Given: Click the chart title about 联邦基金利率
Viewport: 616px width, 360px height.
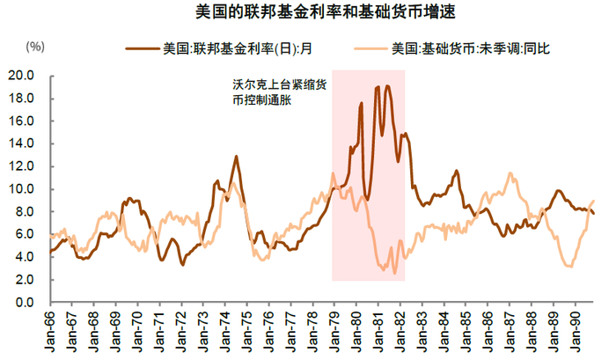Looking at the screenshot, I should coord(308,13).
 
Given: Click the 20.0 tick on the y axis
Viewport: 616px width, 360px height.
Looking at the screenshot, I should coord(20,76).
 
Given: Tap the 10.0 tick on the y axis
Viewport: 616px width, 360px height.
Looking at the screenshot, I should coord(20,189).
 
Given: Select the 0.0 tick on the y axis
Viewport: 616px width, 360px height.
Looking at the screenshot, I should coord(24,303).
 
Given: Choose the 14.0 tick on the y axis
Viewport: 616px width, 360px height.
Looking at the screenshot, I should coord(20,143).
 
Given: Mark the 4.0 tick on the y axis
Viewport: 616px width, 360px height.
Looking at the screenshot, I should coord(24,257).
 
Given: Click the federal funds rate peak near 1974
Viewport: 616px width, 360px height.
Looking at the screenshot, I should coord(236,157).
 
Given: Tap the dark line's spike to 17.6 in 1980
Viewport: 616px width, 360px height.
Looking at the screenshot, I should coord(362,104).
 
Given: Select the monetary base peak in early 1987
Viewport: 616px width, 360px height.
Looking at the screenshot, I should coord(510,173).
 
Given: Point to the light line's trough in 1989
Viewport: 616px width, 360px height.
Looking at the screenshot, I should coord(569,266).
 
